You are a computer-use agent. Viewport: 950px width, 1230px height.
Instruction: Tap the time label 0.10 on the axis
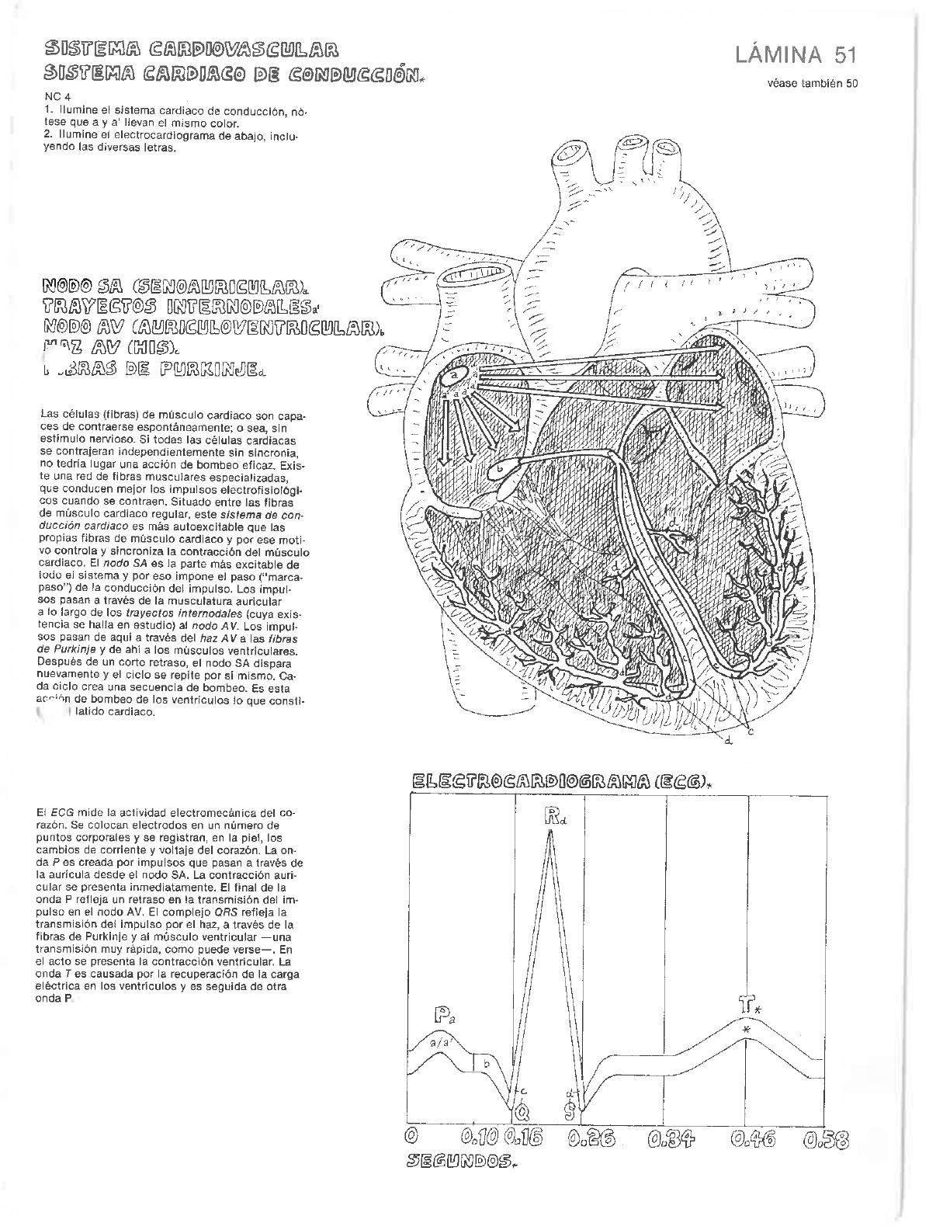point(479,1139)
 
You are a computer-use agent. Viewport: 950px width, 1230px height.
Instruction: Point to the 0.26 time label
point(590,1139)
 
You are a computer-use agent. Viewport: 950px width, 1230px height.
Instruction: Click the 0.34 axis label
point(671,1139)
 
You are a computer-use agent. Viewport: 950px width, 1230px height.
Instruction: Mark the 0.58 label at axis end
point(826,1139)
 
